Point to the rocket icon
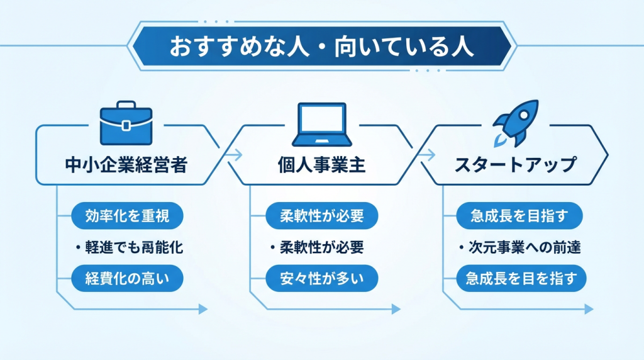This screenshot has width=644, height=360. pos(514,119)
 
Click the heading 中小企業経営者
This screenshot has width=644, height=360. pos(126,165)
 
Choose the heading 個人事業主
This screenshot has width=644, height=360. pos(321,165)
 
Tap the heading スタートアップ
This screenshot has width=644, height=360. pos(514,165)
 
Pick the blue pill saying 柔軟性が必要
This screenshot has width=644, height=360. pos(321,216)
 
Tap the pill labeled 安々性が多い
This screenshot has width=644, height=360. pos(321,278)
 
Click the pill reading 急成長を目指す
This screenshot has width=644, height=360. pos(519,216)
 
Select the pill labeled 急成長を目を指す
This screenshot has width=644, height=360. pos(519,278)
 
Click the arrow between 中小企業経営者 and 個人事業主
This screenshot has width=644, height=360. pos(234,154)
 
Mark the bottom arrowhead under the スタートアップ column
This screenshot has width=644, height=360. pos(589,309)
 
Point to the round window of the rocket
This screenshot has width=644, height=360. pos(519,113)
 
